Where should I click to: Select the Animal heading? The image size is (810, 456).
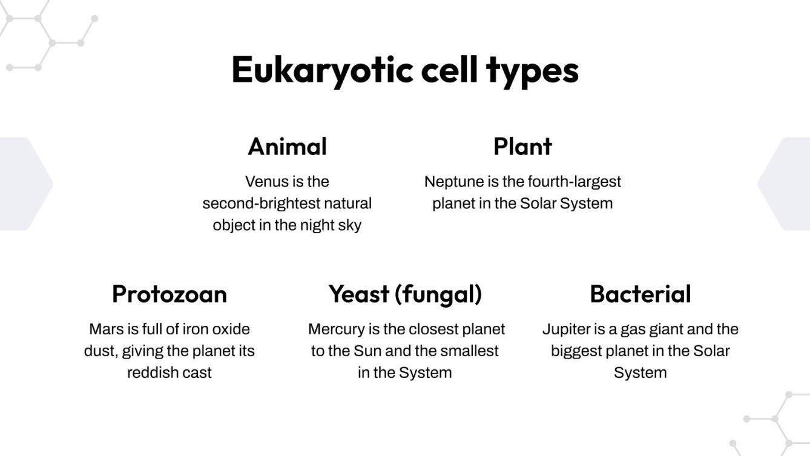tap(287, 147)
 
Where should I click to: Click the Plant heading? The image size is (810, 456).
tap(522, 147)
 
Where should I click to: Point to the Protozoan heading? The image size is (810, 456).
tap(170, 294)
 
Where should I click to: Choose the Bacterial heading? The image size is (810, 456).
tap(640, 294)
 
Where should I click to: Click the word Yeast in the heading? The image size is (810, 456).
tap(358, 294)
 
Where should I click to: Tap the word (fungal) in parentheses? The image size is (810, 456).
tap(438, 294)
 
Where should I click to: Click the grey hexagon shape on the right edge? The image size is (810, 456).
tap(786, 183)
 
